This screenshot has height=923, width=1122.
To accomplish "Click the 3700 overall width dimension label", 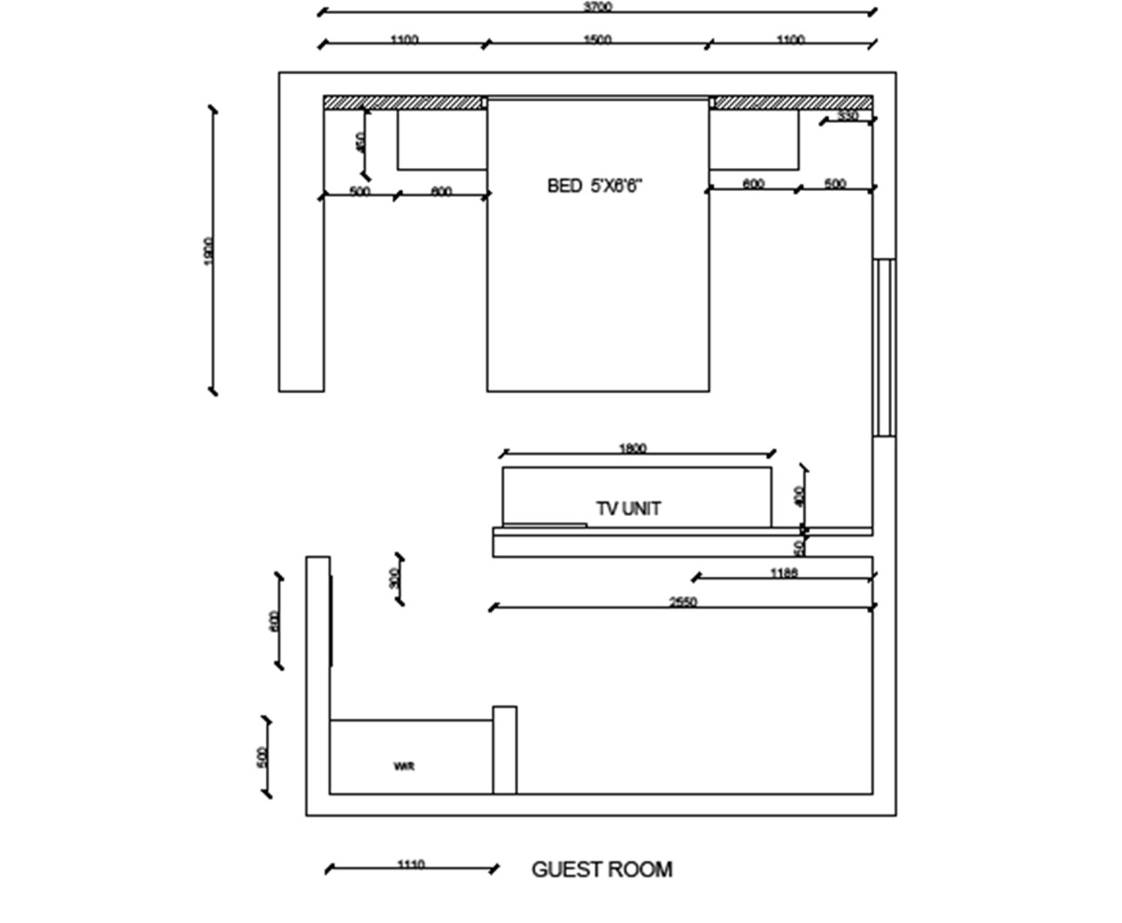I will (x=598, y=7).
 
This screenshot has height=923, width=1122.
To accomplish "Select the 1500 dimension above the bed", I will (x=598, y=39).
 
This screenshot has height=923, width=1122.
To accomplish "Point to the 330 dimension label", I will (x=848, y=116).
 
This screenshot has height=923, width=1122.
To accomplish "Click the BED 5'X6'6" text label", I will (x=598, y=186).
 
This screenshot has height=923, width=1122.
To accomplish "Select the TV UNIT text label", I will (x=628, y=508).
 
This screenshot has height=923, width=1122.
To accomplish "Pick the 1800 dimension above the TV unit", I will (x=632, y=449).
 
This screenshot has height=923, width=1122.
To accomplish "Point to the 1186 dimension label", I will (x=784, y=573).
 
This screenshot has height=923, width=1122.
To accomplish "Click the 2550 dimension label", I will (x=683, y=601).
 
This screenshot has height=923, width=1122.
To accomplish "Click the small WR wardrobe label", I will (x=404, y=767).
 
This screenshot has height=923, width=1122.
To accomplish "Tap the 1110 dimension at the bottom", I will (x=410, y=865).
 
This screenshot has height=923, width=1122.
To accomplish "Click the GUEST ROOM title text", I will (x=602, y=869).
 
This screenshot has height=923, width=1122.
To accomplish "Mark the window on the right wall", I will (x=884, y=347).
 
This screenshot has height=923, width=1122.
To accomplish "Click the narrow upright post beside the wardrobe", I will (x=504, y=750).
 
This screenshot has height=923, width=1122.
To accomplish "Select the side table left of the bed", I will (x=442, y=139).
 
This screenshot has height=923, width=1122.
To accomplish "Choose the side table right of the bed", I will (x=754, y=139).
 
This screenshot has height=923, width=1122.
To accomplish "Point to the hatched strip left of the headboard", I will (x=404, y=103).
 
